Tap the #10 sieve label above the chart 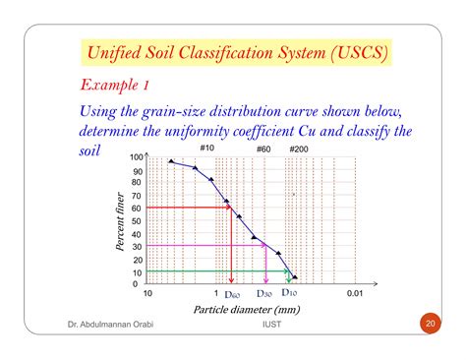pyautogui.click(x=208, y=149)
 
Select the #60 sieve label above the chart pyautogui.click(x=263, y=149)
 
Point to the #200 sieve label pyautogui.click(x=297, y=149)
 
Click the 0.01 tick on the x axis pyautogui.click(x=355, y=293)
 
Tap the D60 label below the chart pyautogui.click(x=232, y=293)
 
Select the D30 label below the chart pyautogui.click(x=264, y=293)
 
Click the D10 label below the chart pyautogui.click(x=291, y=292)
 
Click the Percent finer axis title pyautogui.click(x=120, y=220)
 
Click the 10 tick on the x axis pyautogui.click(x=147, y=293)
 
